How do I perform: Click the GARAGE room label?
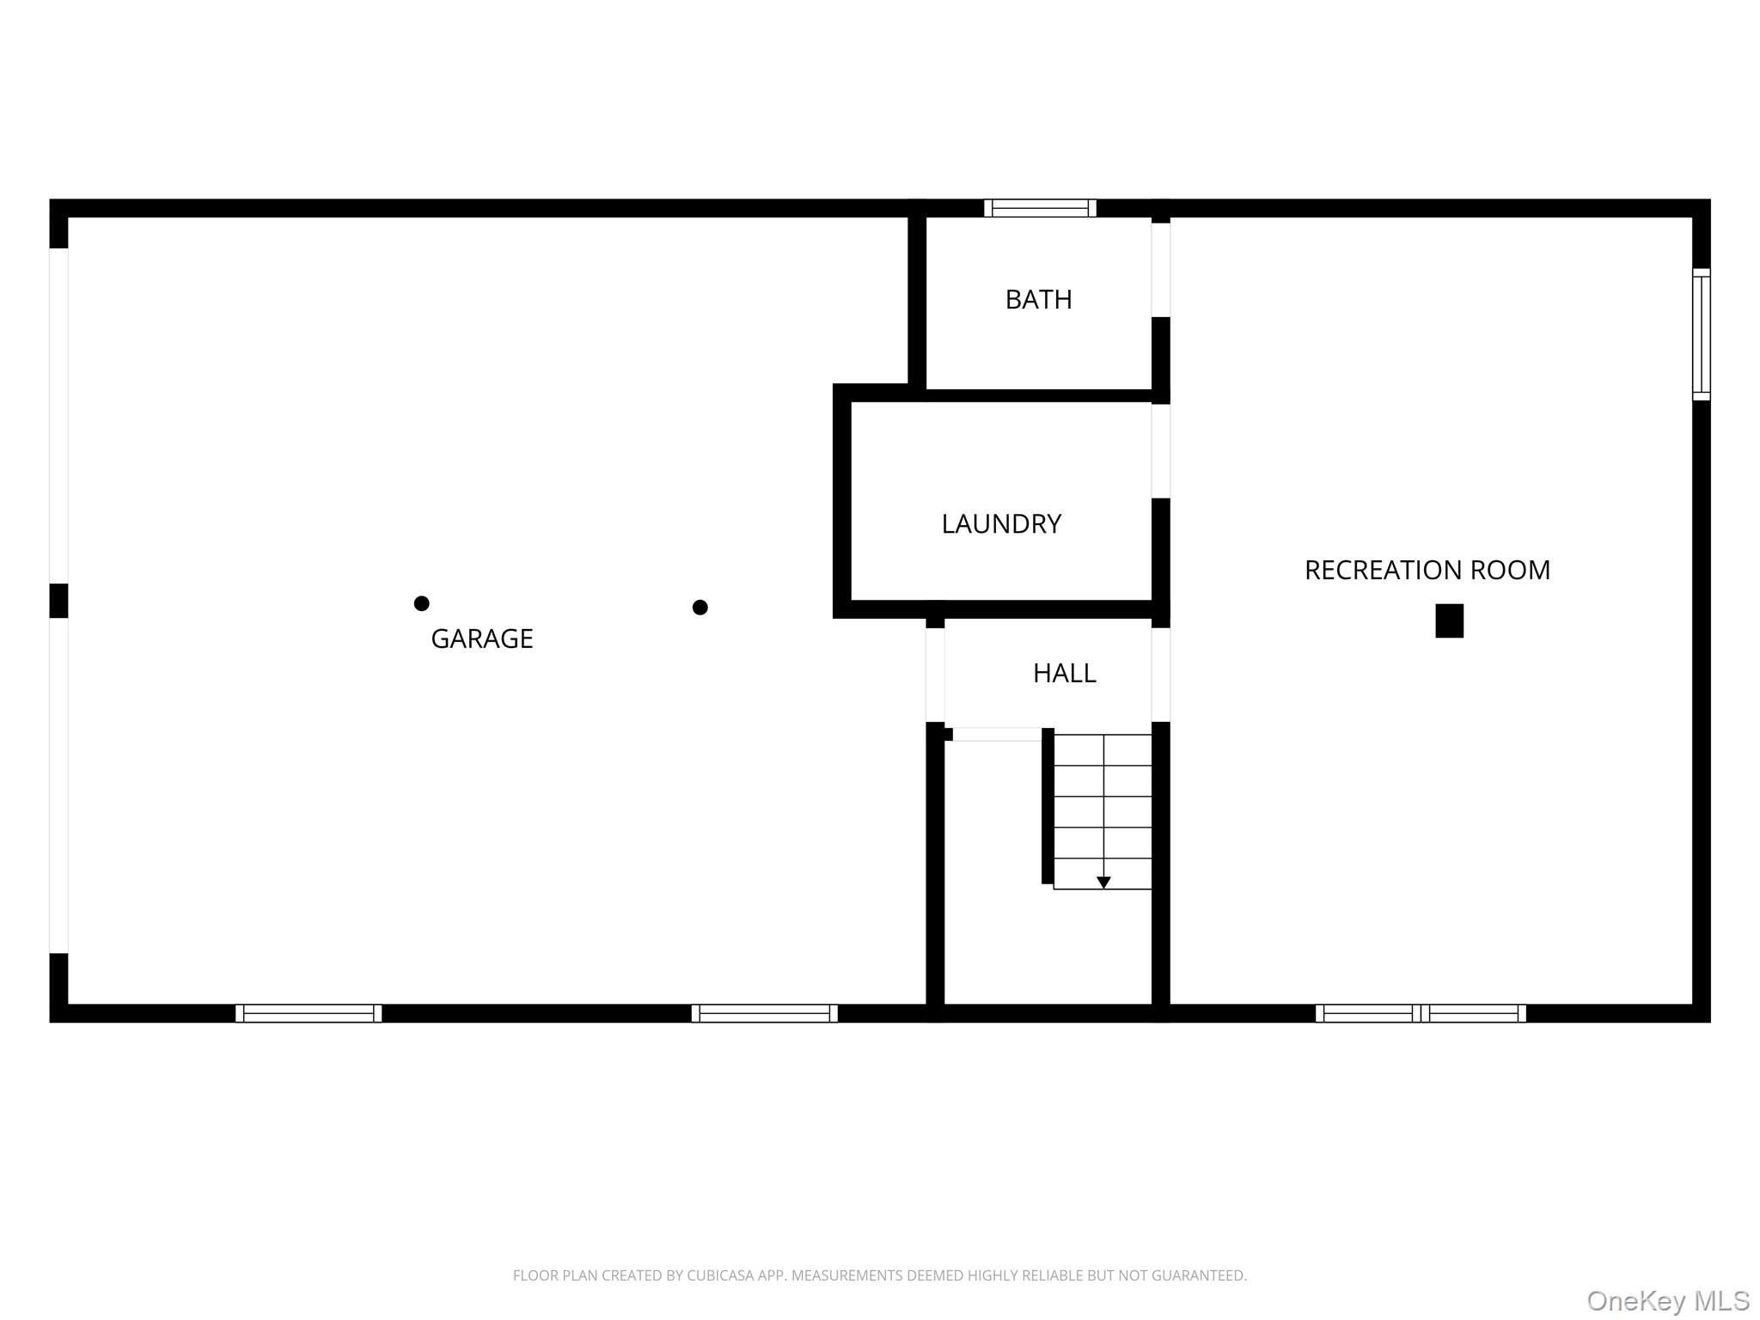pyautogui.click(x=481, y=639)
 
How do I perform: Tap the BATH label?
pyautogui.click(x=1038, y=300)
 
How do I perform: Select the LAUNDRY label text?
pyautogui.click(x=1001, y=524)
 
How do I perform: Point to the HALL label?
pyautogui.click(x=1064, y=673)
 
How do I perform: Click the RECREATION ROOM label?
pyautogui.click(x=1427, y=571)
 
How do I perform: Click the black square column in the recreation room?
pyautogui.click(x=1449, y=620)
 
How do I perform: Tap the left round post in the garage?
pyautogui.click(x=421, y=603)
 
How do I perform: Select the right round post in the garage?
pyautogui.click(x=700, y=608)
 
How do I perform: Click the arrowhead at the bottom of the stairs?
pyautogui.click(x=1103, y=883)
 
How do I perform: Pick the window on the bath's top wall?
pyautogui.click(x=1040, y=208)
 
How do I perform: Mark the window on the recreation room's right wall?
pyautogui.click(x=1701, y=334)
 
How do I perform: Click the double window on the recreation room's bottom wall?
pyautogui.click(x=1421, y=1013)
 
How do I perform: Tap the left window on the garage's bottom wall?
pyautogui.click(x=309, y=1013)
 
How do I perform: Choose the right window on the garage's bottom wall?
pyautogui.click(x=764, y=1013)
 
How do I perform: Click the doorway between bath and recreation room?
pyautogui.click(x=1160, y=270)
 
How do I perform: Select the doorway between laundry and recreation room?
pyautogui.click(x=1160, y=451)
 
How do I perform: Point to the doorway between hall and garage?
pyautogui.click(x=935, y=675)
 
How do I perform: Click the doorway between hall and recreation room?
pyautogui.click(x=1160, y=675)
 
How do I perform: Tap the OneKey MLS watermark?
pyautogui.click(x=1667, y=1301)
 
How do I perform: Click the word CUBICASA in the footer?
pyautogui.click(x=719, y=1276)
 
